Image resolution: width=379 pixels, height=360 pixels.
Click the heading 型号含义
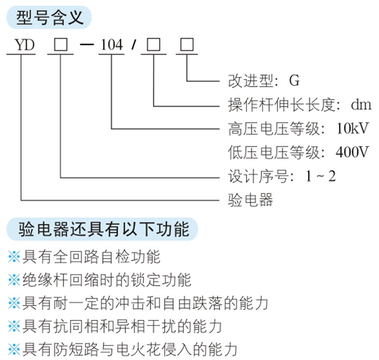pos(50,17)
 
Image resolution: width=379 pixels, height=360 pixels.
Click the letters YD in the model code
pos(25,45)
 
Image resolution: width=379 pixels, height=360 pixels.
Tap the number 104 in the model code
pos(112,45)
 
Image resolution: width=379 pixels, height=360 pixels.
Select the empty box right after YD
pos(61,44)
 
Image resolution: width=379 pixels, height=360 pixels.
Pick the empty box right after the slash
pos(154,44)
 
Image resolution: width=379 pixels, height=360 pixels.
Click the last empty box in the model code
pos(187,44)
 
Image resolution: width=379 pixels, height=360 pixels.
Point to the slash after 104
pos(134,45)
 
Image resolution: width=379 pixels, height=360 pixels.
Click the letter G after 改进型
pos(295,81)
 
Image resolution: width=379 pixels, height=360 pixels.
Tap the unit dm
pos(361,104)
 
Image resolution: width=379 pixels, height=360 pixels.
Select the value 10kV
pos(352,128)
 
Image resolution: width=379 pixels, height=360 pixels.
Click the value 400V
pos(352,152)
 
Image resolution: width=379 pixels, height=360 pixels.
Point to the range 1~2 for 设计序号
pos(321,176)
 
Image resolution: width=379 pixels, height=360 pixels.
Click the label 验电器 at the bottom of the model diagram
pos(250,200)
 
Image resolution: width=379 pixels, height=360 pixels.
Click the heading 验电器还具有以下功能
pos(104,229)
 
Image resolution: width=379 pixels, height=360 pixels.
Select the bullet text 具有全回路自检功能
pos(92,257)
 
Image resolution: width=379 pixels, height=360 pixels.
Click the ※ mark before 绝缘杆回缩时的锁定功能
pos(14,280)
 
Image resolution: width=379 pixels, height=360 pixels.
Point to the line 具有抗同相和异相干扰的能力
pos(122,326)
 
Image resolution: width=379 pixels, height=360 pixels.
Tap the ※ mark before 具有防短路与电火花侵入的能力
pos(14,350)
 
